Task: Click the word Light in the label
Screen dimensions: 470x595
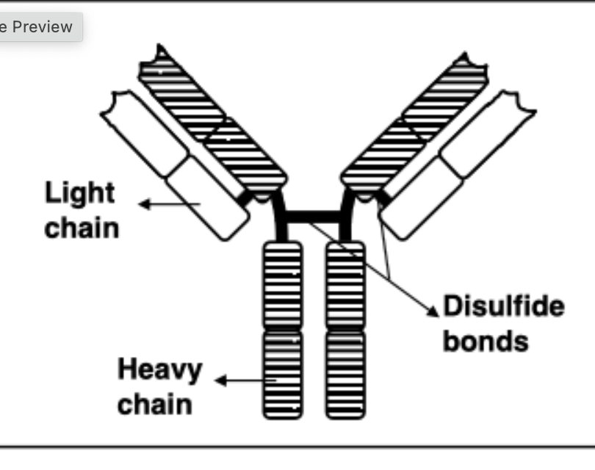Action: [x=80, y=194]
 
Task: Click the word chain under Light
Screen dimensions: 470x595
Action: [x=81, y=227]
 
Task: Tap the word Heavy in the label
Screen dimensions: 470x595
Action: [x=159, y=369]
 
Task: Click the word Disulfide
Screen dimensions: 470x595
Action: [x=504, y=306]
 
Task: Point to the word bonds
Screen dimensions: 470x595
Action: [x=486, y=341]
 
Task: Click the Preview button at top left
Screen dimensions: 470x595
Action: [x=37, y=27]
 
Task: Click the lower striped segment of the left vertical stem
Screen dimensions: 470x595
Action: [x=282, y=375]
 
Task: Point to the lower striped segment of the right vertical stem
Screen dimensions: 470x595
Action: [x=345, y=375]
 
